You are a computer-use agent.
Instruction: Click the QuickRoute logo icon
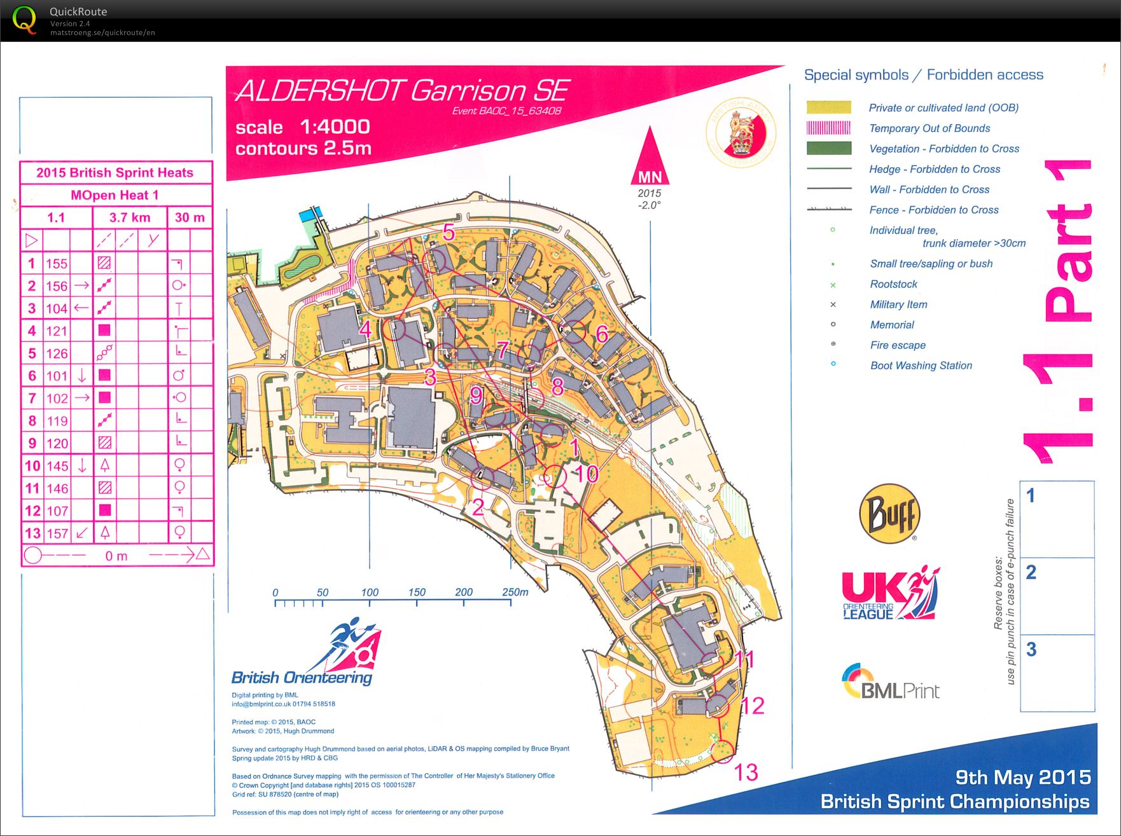point(24,20)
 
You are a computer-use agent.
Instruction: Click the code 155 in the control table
point(57,263)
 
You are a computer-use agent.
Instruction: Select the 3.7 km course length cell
point(130,217)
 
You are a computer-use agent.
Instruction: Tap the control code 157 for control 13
point(57,533)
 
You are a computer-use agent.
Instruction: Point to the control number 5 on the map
point(449,233)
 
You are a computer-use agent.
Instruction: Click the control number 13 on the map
point(746,772)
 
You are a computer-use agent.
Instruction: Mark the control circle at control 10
point(555,476)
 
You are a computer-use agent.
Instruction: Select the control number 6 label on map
point(602,334)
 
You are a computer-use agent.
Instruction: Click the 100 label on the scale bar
point(370,593)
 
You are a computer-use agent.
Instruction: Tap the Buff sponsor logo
point(889,514)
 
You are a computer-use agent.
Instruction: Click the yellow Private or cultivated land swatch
point(828,107)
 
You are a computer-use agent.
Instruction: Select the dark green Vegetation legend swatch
point(828,149)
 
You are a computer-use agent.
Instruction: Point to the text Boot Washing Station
point(921,366)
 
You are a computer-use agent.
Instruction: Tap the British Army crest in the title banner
point(741,134)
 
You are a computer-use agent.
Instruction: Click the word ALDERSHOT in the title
point(320,91)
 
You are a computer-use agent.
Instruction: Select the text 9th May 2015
point(1022,778)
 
